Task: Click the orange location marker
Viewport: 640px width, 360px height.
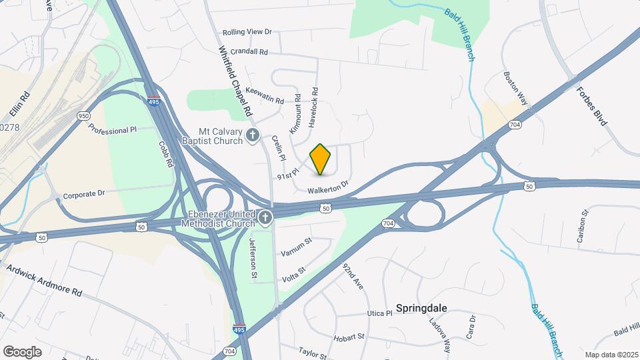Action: tap(321, 159)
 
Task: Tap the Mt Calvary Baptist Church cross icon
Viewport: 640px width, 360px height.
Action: tap(252, 136)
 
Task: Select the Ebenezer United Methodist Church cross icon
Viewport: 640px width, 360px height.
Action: tap(265, 217)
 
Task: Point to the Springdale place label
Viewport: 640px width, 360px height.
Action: tap(421, 308)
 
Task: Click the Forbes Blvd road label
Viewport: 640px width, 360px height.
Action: tap(597, 108)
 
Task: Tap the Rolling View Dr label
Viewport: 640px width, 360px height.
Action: tap(247, 31)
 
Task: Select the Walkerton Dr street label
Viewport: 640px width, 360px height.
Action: tap(328, 188)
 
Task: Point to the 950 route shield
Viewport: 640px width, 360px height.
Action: tap(83, 115)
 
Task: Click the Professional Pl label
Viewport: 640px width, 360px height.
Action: tap(112, 130)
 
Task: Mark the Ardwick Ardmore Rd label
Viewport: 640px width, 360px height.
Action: tap(44, 281)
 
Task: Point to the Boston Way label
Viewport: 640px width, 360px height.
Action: tap(515, 88)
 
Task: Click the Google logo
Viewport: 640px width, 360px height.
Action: tap(22, 351)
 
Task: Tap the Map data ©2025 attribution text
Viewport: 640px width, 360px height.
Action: tap(611, 354)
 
